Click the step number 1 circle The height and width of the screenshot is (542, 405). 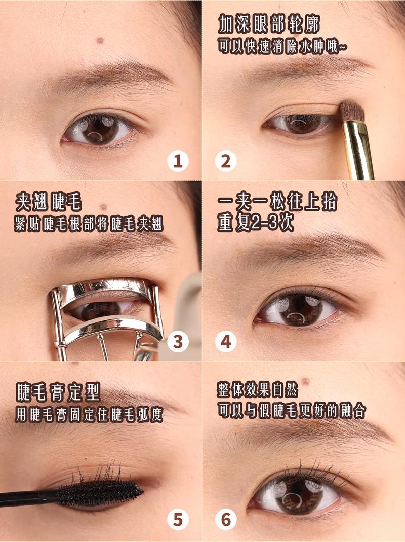[x=178, y=161]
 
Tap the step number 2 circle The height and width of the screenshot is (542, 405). [x=226, y=161]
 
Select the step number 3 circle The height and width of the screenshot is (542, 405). [x=178, y=342]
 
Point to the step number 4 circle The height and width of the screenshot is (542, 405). [x=226, y=342]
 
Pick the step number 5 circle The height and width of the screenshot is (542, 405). [x=178, y=520]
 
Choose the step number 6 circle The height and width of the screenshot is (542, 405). [x=226, y=520]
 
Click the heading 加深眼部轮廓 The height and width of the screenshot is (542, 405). [x=269, y=24]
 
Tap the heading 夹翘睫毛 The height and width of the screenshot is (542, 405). [x=48, y=202]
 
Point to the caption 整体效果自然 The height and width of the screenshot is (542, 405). [x=257, y=390]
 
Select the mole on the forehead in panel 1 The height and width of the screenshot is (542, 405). [x=100, y=41]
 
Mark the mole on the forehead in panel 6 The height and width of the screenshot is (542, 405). [x=305, y=381]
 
